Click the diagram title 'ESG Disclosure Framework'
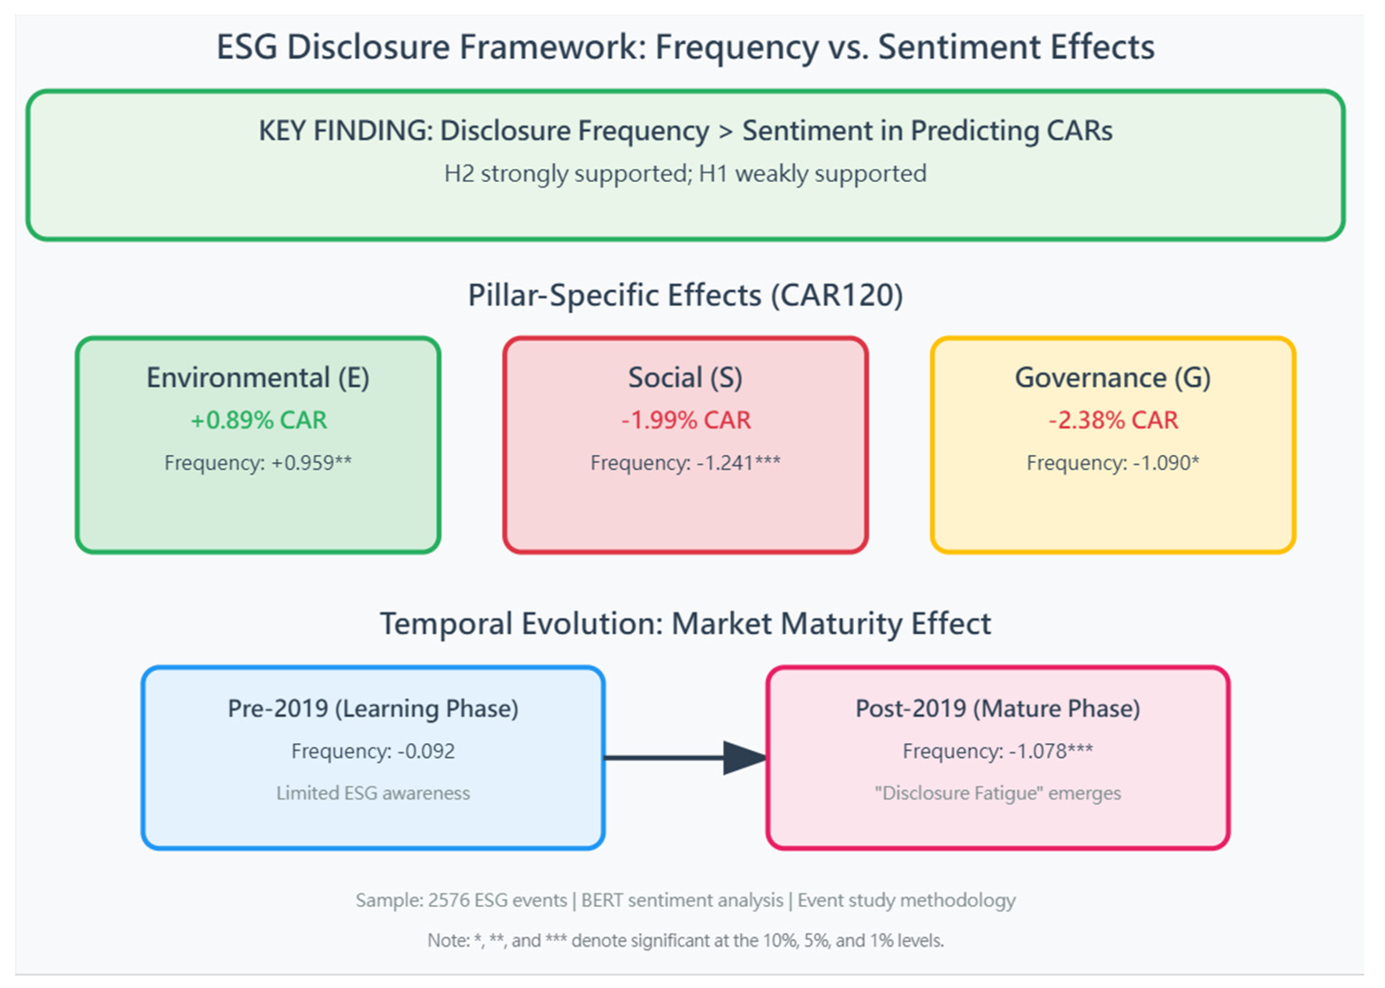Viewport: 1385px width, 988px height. click(686, 47)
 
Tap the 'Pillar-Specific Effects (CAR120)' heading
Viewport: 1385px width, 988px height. click(686, 296)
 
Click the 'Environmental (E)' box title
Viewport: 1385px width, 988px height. click(258, 378)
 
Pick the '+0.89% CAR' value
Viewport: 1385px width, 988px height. click(259, 420)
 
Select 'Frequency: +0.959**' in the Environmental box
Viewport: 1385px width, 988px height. click(258, 463)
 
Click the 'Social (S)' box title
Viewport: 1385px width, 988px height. click(686, 378)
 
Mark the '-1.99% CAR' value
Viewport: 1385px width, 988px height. click(686, 420)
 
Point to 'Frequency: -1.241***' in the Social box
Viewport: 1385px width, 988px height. click(686, 463)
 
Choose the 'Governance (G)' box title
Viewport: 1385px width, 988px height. click(1113, 378)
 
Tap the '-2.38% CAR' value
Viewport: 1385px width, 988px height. click(1113, 420)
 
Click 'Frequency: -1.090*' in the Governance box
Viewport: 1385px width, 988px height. click(1113, 463)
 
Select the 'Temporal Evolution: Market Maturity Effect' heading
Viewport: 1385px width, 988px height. click(686, 624)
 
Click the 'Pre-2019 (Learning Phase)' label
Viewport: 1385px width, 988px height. click(373, 709)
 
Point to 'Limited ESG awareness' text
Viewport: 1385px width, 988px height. click(373, 793)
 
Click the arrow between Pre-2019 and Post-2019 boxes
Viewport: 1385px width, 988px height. click(684, 758)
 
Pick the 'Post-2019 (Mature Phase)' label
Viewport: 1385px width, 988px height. click(997, 709)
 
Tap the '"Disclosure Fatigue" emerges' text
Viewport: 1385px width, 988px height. click(997, 793)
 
